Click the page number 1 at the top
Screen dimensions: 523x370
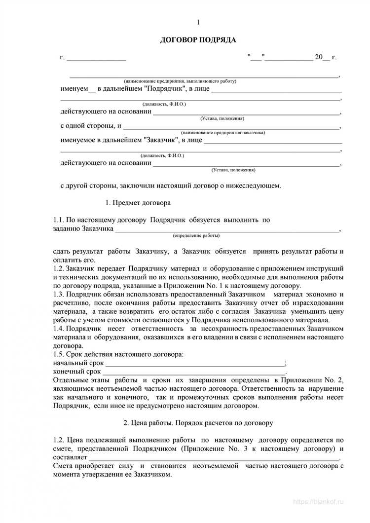click(198, 22)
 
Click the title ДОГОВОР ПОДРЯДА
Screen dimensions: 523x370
click(198, 40)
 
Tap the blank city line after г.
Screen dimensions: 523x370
click(96, 58)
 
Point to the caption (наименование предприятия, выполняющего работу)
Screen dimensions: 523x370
click(180, 80)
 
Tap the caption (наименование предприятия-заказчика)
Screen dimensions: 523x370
click(223, 132)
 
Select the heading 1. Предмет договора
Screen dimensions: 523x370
click(139, 202)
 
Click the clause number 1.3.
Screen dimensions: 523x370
click(59, 294)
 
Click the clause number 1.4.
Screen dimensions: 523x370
click(59, 328)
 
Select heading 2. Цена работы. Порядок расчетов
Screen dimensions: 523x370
click(197, 423)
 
